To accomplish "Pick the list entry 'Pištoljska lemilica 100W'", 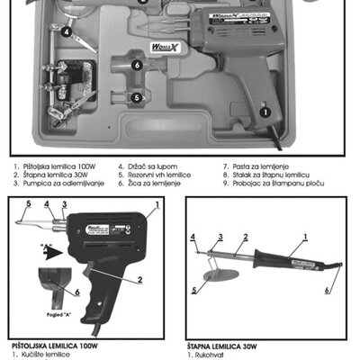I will [x=58, y=166].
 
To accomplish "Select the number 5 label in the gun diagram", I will [x=28, y=203].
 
